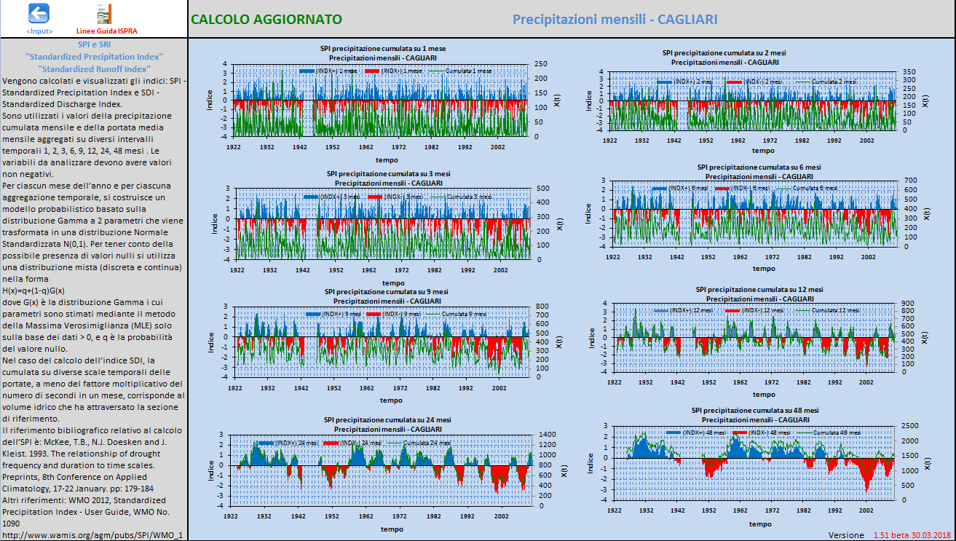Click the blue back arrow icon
point(39,13)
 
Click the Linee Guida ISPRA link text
point(106,31)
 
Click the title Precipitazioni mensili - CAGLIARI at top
point(615,19)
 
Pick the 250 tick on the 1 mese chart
point(540,63)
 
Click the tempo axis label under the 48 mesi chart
point(760,524)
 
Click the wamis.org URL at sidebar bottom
point(92,535)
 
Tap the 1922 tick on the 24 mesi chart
point(231,515)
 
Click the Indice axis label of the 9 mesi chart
point(212,343)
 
